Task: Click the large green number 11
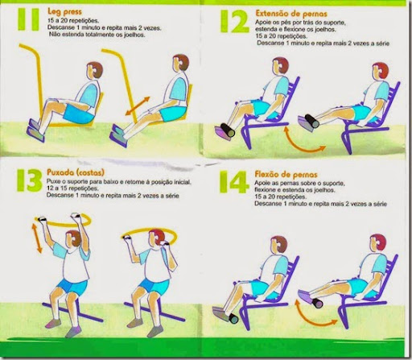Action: [x=28, y=19]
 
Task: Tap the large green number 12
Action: [x=235, y=21]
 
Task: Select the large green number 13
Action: [x=30, y=180]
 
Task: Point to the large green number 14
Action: [x=233, y=182]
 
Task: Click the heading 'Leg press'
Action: [x=64, y=12]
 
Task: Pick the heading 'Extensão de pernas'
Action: [x=291, y=14]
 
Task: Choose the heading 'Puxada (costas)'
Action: [x=76, y=172]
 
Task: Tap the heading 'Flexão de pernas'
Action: [x=286, y=175]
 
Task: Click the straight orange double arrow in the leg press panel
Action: [x=138, y=106]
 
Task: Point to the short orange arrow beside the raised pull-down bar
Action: [x=37, y=238]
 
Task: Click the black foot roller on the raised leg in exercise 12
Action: [x=311, y=121]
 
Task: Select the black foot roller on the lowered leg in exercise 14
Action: [x=233, y=318]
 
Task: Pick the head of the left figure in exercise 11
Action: [x=95, y=70]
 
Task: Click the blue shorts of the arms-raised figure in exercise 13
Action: [x=72, y=287]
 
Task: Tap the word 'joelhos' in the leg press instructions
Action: [x=134, y=35]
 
